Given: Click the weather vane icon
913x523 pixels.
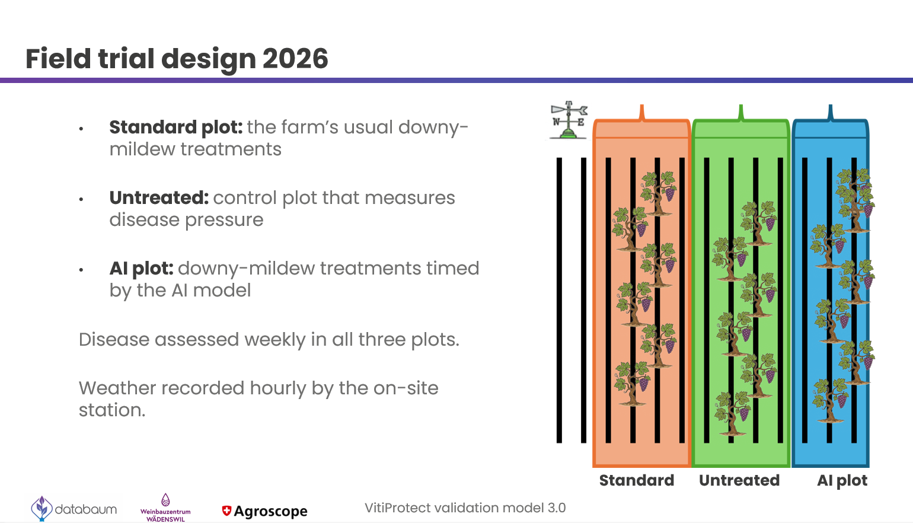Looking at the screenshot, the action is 569,120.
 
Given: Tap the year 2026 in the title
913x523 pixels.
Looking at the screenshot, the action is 295,58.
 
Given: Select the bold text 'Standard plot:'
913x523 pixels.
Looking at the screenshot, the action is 176,127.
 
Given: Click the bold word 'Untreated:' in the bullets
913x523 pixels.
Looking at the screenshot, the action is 159,197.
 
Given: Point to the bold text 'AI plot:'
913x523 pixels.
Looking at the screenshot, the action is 142,269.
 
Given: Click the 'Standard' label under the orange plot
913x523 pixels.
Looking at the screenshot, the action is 637,480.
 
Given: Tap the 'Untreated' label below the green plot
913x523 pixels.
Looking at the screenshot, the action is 739,480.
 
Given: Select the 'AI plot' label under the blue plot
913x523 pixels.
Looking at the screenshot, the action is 842,481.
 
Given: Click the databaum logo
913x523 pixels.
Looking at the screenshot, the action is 74,508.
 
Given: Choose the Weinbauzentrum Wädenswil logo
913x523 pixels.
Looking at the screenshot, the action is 165,508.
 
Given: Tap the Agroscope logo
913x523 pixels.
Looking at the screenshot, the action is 264,511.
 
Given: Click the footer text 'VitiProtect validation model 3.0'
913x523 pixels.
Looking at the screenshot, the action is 465,508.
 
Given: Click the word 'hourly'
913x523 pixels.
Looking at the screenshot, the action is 278,388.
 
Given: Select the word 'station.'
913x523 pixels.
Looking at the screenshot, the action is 112,410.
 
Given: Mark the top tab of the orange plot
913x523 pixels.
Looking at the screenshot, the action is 642,113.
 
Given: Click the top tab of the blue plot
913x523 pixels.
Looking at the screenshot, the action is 830,113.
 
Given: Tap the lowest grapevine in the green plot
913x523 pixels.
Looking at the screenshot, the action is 732,413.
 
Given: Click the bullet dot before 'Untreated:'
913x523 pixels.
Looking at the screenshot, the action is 81,199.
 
